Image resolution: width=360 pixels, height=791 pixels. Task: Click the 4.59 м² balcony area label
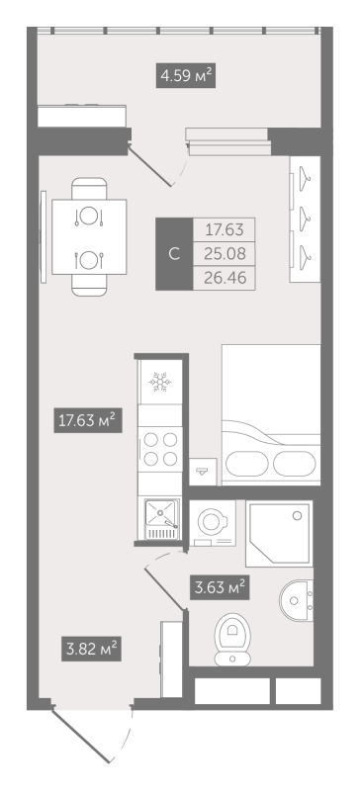[185, 76]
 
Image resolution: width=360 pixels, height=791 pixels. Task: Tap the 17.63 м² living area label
[88, 419]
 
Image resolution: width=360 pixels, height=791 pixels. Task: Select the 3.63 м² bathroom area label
[220, 587]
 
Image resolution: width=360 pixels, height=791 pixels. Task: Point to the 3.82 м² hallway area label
[91, 647]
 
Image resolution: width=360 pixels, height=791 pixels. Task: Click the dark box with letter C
[174, 254]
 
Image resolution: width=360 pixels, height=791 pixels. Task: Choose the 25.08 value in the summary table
[225, 254]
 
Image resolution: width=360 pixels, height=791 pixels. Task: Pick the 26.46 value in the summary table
[225, 278]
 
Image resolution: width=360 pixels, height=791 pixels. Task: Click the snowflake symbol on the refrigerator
[160, 382]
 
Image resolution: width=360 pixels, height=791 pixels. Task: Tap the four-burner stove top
[160, 449]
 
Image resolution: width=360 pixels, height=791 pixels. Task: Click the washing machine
[213, 523]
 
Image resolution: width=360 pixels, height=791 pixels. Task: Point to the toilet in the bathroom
[232, 639]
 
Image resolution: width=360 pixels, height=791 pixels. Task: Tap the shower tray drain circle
[297, 515]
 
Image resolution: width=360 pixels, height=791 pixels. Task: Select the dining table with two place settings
[89, 237]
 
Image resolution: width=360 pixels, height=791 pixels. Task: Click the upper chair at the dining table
[89, 189]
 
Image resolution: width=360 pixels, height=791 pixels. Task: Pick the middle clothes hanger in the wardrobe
[305, 219]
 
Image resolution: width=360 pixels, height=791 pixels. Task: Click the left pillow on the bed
[246, 462]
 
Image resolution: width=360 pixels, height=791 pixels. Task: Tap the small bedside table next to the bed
[203, 472]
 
